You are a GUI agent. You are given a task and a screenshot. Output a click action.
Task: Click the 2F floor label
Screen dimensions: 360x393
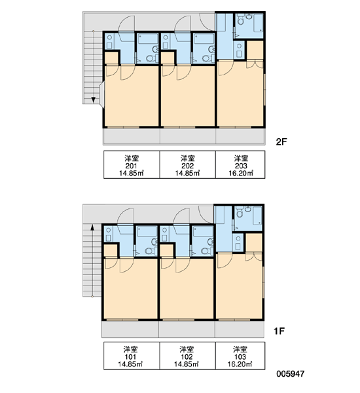[281, 142]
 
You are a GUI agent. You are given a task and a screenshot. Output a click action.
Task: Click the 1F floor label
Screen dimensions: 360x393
[279, 331]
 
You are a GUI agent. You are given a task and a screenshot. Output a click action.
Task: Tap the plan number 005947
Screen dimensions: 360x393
[291, 374]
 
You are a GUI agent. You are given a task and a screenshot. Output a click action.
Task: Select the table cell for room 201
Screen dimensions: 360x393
[132, 164]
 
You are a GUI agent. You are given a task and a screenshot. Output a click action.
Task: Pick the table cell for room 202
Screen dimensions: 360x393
[187, 164]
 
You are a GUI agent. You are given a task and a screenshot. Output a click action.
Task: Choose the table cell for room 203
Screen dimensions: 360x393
[240, 164]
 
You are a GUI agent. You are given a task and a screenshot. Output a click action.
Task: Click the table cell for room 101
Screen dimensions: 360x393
[132, 356]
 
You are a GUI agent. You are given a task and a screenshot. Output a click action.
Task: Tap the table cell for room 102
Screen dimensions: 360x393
[187, 356]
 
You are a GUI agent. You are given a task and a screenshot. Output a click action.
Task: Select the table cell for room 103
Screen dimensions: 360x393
[240, 356]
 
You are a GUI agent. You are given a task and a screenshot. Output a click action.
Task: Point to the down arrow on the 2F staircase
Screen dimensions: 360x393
[93, 100]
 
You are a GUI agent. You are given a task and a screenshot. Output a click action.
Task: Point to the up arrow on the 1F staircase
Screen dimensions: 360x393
[92, 227]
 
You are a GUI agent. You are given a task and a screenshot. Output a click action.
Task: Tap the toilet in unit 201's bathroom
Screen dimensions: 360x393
[151, 59]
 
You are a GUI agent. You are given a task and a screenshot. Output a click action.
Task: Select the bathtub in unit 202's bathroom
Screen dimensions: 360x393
[204, 39]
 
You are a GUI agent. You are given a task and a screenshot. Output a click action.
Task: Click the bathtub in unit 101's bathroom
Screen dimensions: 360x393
[147, 231]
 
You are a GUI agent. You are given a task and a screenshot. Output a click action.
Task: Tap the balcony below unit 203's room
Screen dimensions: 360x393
[240, 137]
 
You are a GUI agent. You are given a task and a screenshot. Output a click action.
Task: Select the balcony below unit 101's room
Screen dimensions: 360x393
[130, 329]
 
